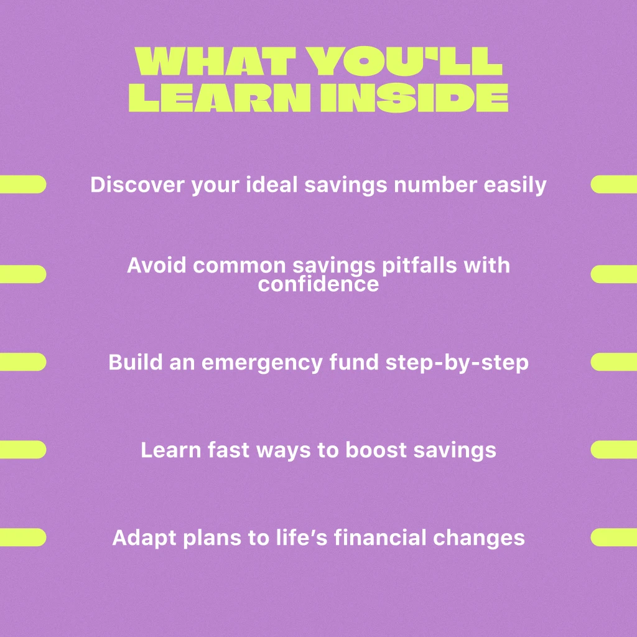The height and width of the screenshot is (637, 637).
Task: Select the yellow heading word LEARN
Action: tap(220, 98)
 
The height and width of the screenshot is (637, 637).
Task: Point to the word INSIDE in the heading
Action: tap(414, 98)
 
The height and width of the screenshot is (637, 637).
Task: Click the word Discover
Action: tap(137, 184)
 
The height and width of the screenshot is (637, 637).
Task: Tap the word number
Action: tap(435, 184)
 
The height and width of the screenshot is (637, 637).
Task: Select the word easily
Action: tap(515, 185)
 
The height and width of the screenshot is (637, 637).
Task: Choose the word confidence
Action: tap(318, 284)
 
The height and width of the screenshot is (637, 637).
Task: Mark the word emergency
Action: tap(262, 363)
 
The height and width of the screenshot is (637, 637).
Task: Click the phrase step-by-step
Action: tap(457, 363)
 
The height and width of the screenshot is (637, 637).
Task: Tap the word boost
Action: tap(376, 450)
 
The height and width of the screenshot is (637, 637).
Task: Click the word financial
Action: tap(380, 537)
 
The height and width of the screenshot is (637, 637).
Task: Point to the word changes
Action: tap(479, 538)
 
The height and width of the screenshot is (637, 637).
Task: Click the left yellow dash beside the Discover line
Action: tap(23, 184)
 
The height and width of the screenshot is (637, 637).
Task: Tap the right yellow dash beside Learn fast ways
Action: tap(614, 450)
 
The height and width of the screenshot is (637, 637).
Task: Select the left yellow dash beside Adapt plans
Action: tap(23, 537)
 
